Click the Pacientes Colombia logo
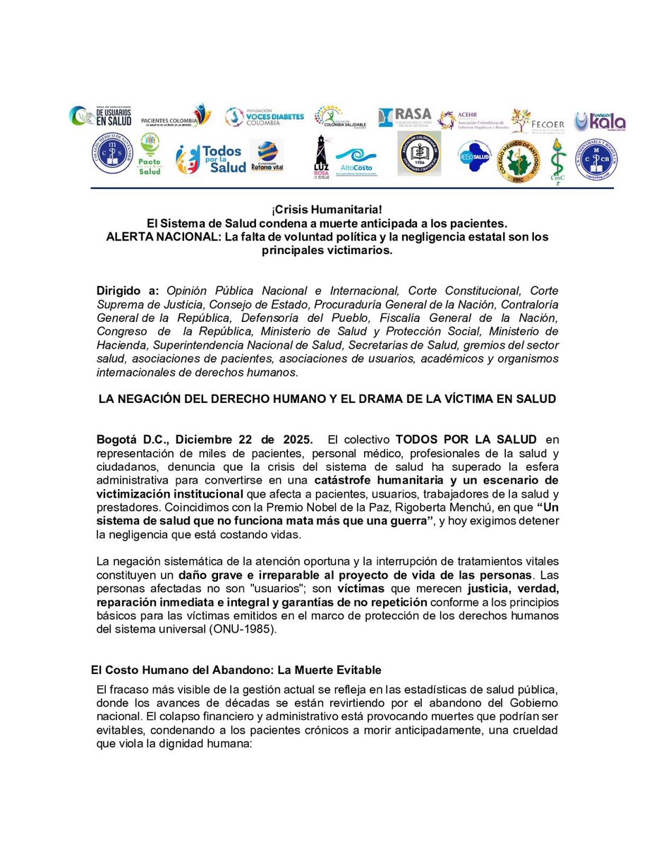point(176,116)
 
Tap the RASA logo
point(404,117)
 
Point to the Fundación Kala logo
point(600,121)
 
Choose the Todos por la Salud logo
point(211,158)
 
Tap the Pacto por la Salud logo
point(150,155)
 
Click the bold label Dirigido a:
point(128,292)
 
